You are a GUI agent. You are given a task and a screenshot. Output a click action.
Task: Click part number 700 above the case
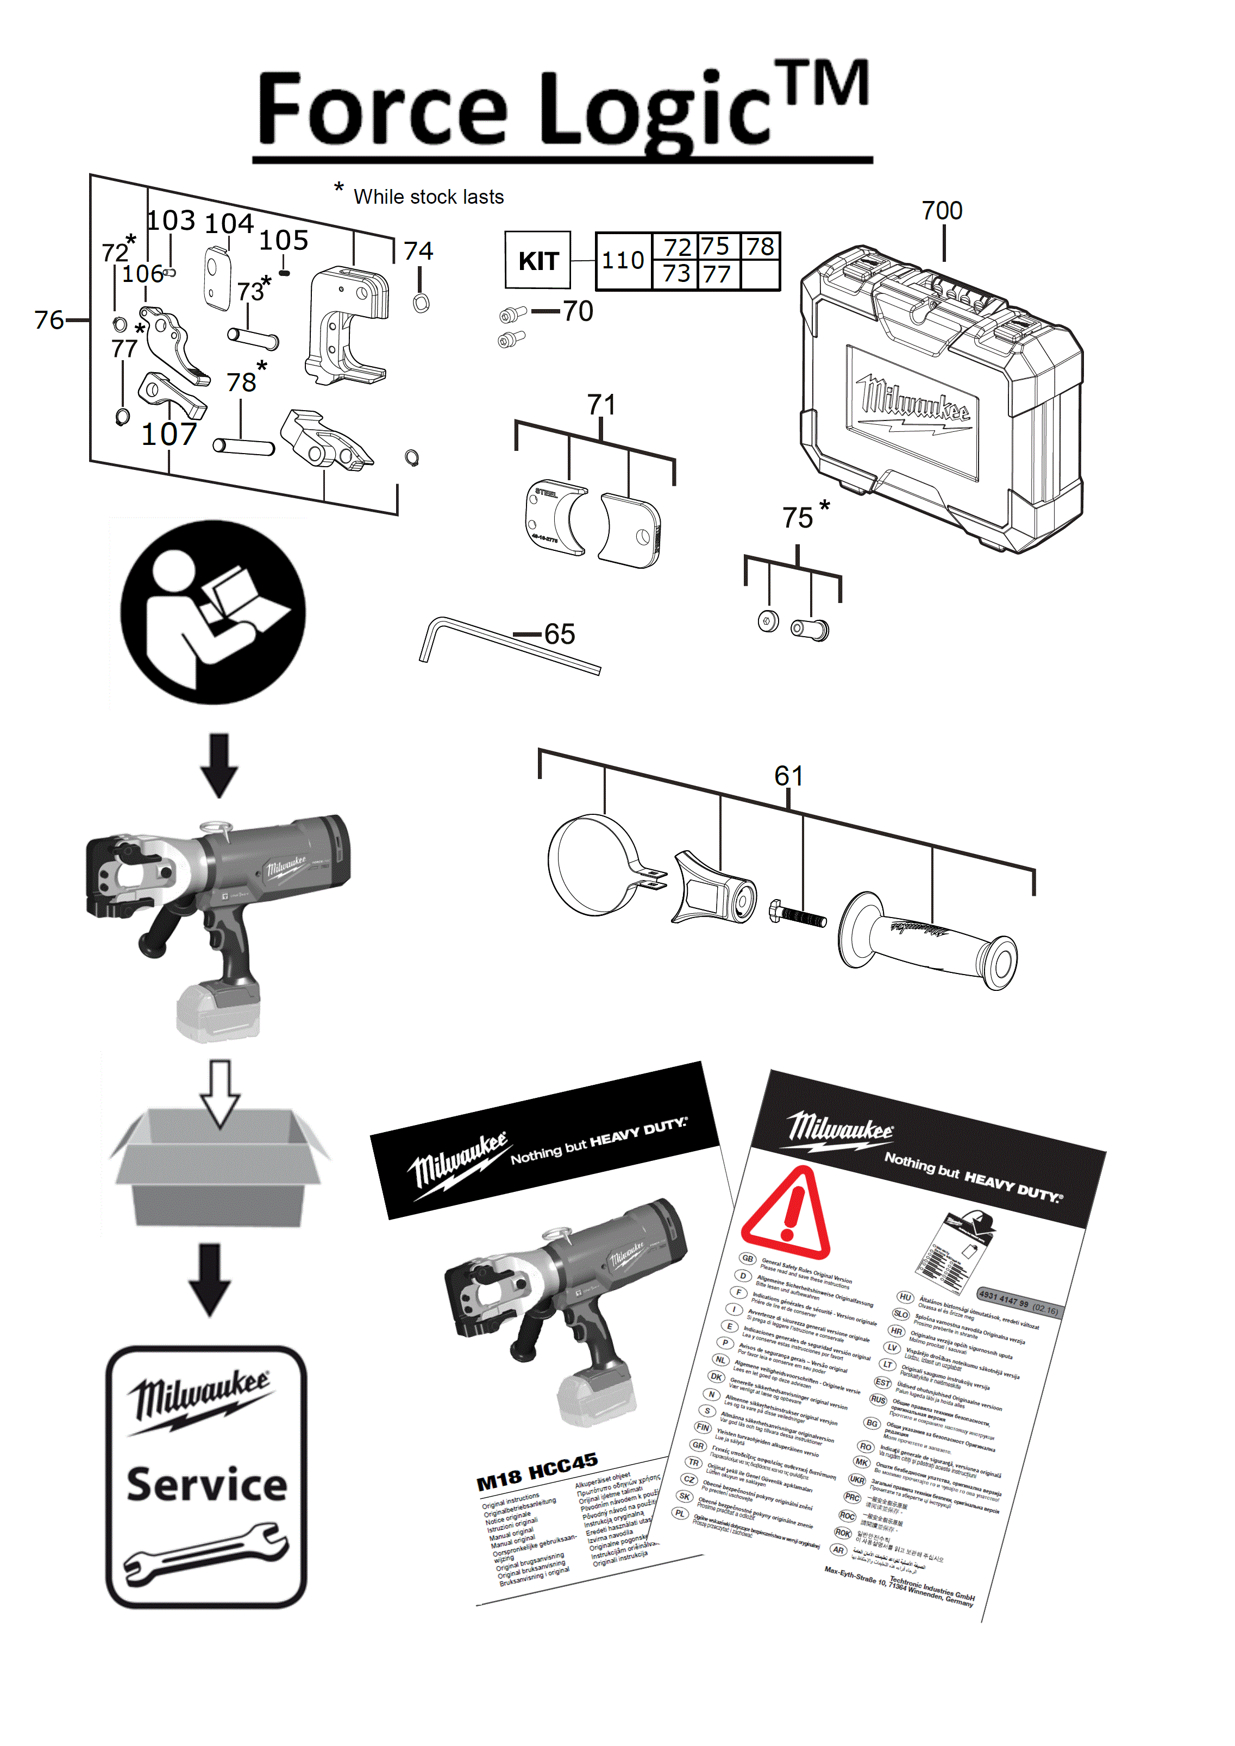tap(942, 211)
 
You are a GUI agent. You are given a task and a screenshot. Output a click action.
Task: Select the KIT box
tap(538, 260)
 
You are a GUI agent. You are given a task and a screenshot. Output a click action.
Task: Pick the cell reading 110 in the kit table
tap(623, 261)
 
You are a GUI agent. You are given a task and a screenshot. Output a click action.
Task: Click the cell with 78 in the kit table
tap(760, 247)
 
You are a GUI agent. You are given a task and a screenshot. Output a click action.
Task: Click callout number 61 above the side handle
tap(788, 776)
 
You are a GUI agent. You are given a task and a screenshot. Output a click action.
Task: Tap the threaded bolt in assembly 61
tap(799, 915)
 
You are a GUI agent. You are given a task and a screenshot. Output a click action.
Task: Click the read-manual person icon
tap(213, 612)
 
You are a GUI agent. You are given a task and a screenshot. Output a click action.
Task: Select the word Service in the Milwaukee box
tap(207, 1484)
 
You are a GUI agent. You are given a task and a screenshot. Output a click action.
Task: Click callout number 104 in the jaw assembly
tap(229, 224)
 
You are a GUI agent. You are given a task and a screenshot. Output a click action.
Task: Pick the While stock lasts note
tap(428, 197)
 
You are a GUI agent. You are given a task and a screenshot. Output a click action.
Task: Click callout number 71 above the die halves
tap(601, 405)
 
